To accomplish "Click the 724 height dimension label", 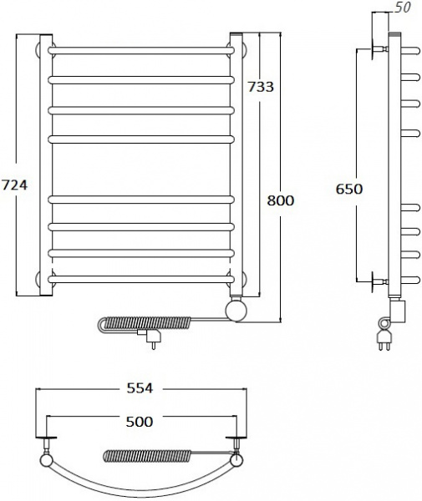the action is click(15, 185).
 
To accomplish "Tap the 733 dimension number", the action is click(261, 87).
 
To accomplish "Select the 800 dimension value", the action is click(281, 200).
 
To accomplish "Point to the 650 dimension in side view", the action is click(349, 189).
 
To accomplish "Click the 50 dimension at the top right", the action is click(402, 8).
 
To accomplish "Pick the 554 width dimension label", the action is click(140, 388).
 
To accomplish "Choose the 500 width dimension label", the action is click(140, 422).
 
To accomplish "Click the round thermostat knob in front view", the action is click(236, 310).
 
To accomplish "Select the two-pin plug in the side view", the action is click(384, 340).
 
